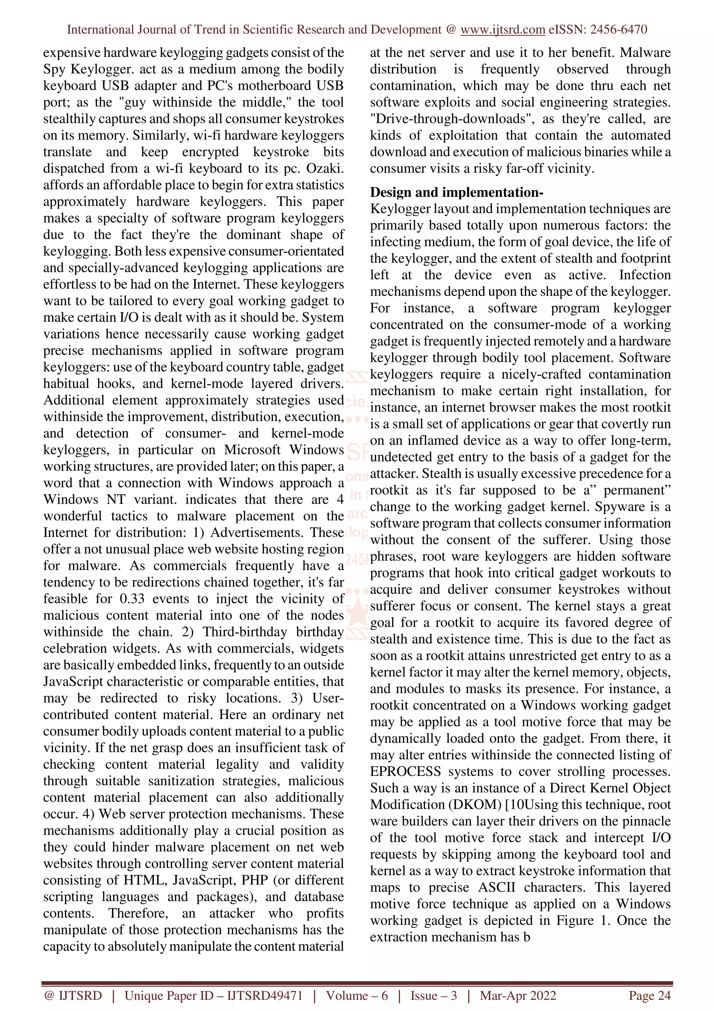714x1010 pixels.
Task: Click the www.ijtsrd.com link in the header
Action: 503,30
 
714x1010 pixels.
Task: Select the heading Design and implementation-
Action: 457,192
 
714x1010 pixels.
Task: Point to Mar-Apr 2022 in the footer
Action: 518,995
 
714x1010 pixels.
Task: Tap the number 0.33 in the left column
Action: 131,599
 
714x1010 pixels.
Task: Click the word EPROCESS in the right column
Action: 405,771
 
